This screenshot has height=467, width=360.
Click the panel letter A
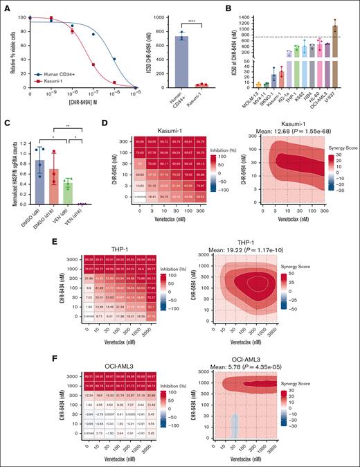point(6,6)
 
